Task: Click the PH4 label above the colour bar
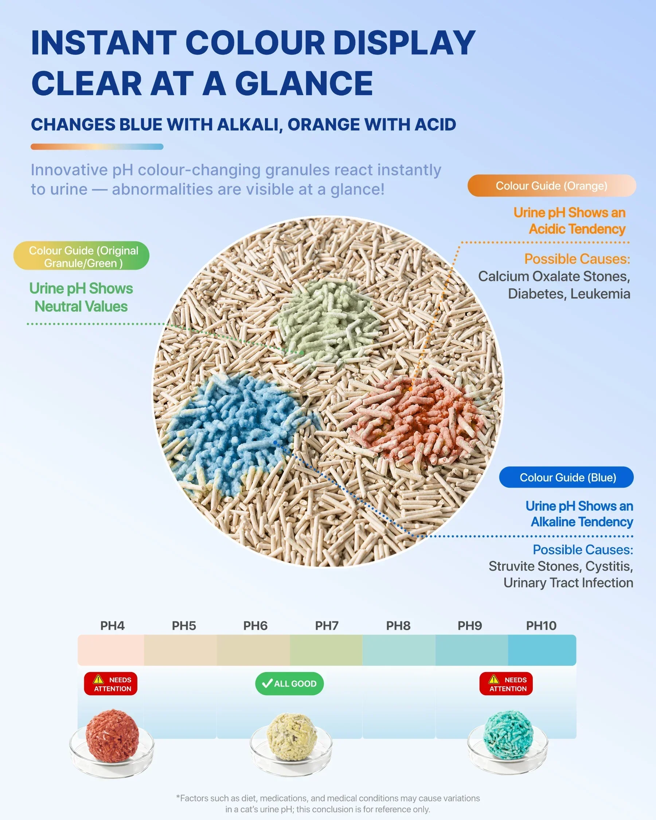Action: coord(112,626)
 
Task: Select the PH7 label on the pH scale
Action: coord(327,626)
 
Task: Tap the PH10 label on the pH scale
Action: coord(541,626)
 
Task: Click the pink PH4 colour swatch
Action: coord(111,650)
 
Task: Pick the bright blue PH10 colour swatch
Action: coord(542,650)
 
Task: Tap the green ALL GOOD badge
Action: coord(289,683)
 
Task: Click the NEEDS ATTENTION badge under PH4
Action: coord(111,684)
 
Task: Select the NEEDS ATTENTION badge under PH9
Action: coord(506,684)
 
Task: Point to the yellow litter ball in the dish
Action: coord(291,737)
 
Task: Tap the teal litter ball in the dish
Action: coord(508,734)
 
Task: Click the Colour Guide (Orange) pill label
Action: coord(551,186)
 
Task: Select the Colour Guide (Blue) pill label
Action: coord(566,477)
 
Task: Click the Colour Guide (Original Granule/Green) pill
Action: coord(81,256)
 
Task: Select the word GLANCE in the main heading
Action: coord(304,83)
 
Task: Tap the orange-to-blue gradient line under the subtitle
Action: coord(97,147)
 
